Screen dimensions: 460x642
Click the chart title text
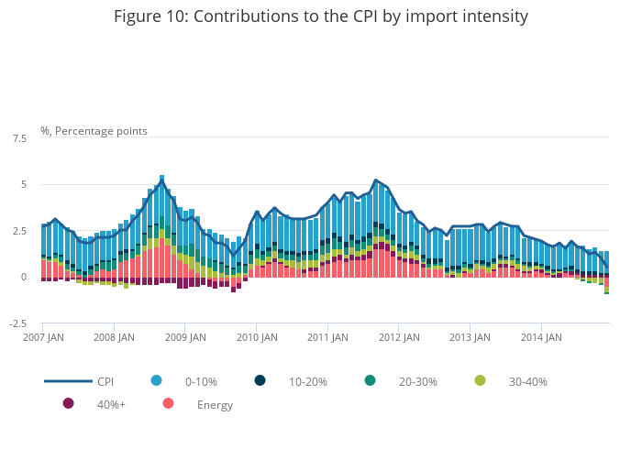point(321,16)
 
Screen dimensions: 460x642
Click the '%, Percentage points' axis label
point(94,131)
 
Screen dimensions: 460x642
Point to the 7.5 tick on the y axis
point(19,138)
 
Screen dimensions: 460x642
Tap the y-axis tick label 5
point(23,185)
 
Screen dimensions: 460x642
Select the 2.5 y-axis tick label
point(19,231)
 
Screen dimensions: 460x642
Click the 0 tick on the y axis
point(23,278)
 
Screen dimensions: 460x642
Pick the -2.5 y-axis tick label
point(17,323)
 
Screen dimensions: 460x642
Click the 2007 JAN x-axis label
point(43,337)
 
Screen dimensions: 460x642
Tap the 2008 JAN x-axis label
point(114,337)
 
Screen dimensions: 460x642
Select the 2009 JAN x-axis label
point(184,337)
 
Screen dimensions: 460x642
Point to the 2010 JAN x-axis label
point(256,337)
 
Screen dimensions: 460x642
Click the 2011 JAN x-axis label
point(327,337)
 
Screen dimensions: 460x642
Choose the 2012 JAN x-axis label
point(398,337)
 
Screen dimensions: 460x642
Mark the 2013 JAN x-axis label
point(469,337)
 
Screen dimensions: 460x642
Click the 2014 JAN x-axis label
point(540,337)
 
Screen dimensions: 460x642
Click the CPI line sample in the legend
point(68,381)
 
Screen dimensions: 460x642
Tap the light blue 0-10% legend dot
point(156,380)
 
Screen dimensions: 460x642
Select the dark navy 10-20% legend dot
point(260,380)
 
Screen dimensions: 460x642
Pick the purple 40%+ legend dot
point(68,403)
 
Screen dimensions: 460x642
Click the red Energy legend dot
point(168,403)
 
